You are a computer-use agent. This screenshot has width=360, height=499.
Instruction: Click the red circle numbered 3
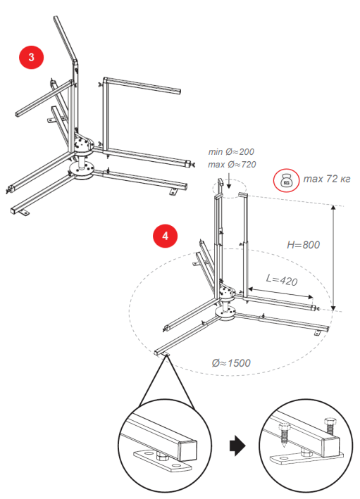pyautogui.click(x=31, y=57)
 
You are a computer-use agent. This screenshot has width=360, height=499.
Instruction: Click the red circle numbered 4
pyautogui.click(x=165, y=236)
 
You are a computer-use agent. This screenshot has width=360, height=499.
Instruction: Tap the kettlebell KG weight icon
pyautogui.click(x=286, y=181)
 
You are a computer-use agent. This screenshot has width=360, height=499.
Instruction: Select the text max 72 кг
pyautogui.click(x=327, y=179)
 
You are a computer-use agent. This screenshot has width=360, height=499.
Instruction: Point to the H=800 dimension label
pyautogui.click(x=303, y=245)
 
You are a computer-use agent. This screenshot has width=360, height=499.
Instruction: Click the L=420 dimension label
pyautogui.click(x=282, y=280)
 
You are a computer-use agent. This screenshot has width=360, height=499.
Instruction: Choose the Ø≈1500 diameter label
pyautogui.click(x=231, y=362)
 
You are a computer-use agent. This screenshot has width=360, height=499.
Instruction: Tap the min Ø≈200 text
pyautogui.click(x=231, y=152)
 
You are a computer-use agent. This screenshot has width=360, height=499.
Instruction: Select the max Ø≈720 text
pyautogui.click(x=232, y=165)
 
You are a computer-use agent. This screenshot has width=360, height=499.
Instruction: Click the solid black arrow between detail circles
pyautogui.click(x=237, y=446)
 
